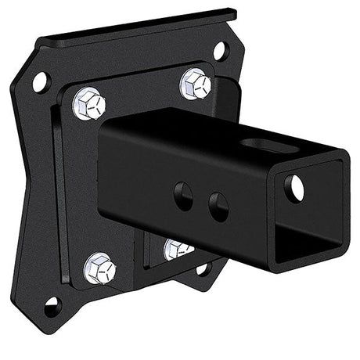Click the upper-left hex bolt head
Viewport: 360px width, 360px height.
(88, 103)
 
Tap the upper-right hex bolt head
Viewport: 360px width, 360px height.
(195, 83)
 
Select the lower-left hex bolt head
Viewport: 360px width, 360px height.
(99, 268)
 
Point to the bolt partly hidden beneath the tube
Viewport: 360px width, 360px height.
(178, 250)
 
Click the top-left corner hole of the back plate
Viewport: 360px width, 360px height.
(40, 81)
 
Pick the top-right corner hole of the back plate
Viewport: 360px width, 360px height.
(220, 52)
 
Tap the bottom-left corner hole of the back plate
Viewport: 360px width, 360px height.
(52, 306)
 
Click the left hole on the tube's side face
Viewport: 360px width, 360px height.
(185, 195)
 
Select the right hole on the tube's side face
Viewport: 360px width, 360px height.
(218, 206)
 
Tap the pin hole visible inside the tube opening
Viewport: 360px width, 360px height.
(294, 187)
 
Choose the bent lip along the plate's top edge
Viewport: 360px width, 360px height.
(141, 27)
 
